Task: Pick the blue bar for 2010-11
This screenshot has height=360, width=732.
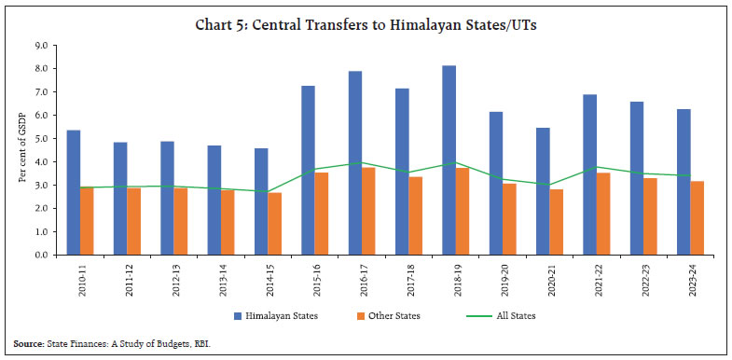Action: coord(73,192)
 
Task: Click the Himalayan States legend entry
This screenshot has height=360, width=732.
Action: coord(276,316)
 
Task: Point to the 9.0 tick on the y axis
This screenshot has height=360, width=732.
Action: coord(41,46)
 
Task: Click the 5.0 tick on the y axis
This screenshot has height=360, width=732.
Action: coord(41,138)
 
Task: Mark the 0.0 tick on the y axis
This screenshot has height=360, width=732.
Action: coord(41,254)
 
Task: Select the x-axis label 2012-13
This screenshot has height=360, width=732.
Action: coord(173,277)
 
